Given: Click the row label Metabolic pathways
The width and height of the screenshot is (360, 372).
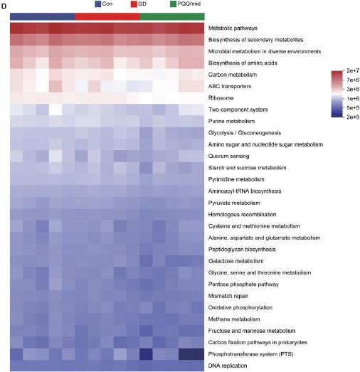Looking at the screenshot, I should pos(236,28).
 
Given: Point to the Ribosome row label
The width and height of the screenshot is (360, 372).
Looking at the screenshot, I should pos(222,97).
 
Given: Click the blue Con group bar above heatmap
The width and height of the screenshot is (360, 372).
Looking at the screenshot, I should pos(42,16).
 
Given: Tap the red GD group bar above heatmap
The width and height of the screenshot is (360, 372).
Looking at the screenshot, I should pos(107,16).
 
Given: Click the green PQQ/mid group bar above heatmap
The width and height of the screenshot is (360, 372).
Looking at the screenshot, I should pos(171,16).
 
